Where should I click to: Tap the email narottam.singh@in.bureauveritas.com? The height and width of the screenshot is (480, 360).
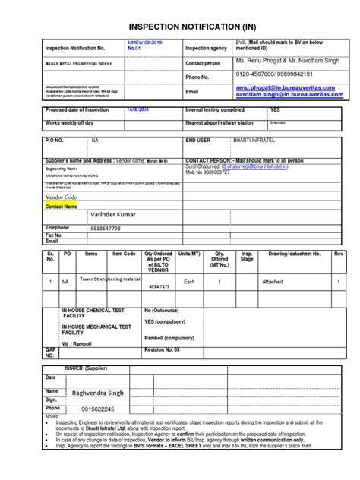(x=289, y=96)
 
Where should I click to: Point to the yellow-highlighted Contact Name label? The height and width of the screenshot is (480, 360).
(x=62, y=206)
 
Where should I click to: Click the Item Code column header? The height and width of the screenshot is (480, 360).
(x=124, y=254)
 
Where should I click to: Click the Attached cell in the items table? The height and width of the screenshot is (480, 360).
(x=272, y=281)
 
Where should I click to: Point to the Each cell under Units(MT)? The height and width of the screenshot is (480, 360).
(x=190, y=281)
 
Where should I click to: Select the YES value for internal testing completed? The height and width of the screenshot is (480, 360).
(x=275, y=110)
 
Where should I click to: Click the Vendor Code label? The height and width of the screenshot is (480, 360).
(x=62, y=197)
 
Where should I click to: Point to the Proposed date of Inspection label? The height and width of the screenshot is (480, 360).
(x=77, y=110)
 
